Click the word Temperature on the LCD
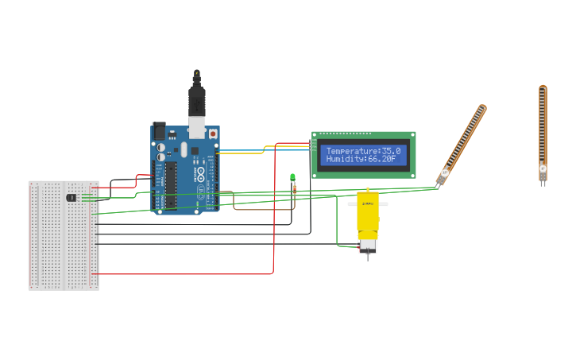coord(352,151)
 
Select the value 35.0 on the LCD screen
coord(391,151)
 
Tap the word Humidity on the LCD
coord(346,159)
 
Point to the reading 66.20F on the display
coord(382,159)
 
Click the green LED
coord(292,177)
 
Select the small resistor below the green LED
coord(293,188)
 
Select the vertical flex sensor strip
coord(543,127)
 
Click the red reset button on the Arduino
coord(213,134)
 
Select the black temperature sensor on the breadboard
coord(72,197)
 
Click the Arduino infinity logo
coord(200,174)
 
